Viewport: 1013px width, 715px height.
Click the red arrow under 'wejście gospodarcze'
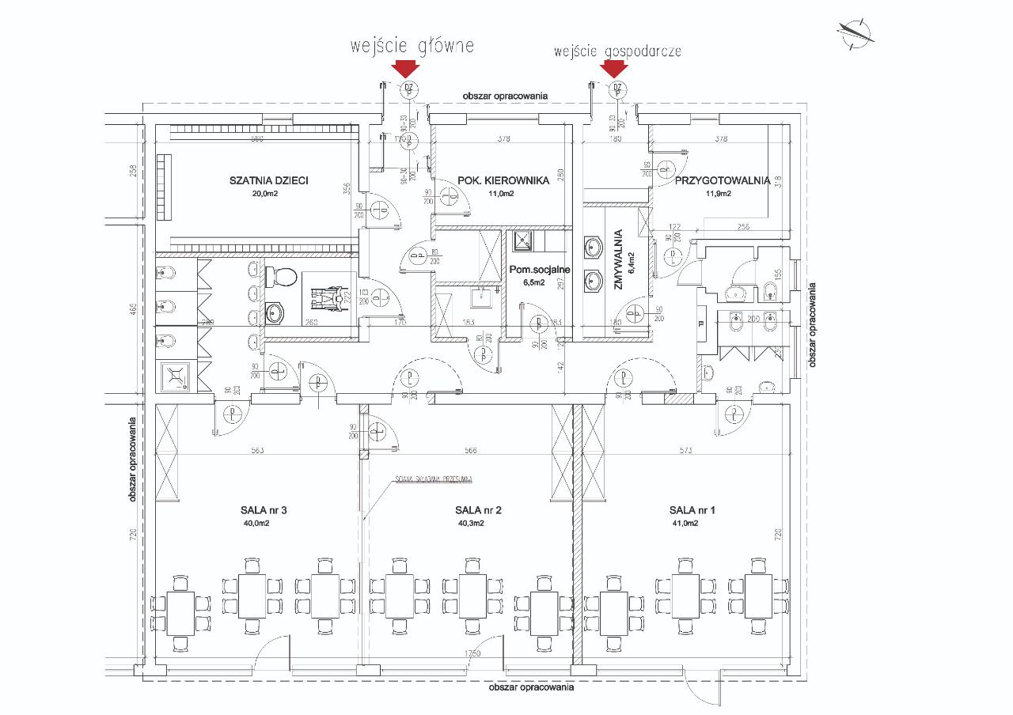[614, 70]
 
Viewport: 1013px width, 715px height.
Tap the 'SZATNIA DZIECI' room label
[268, 180]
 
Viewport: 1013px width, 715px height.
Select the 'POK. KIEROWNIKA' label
[503, 180]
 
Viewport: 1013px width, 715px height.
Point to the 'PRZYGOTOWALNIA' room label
[722, 180]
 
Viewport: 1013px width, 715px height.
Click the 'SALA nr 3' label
[265, 509]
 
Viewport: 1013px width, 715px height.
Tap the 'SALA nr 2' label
[479, 509]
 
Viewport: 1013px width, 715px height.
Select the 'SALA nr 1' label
[692, 509]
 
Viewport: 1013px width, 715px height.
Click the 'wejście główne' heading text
[412, 46]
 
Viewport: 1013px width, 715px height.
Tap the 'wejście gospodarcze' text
[617, 51]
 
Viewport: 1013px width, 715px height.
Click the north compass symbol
[854, 31]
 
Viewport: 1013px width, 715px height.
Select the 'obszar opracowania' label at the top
[506, 95]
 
